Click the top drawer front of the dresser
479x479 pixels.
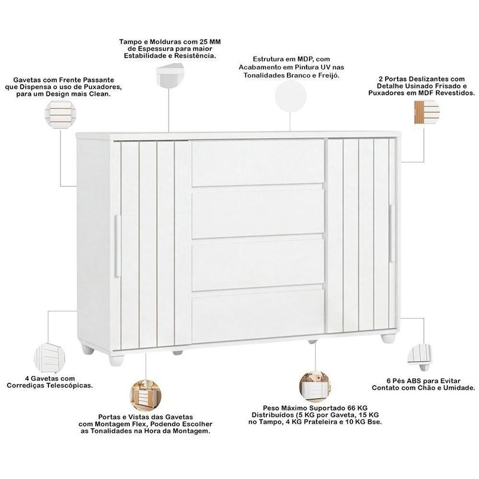[257, 163]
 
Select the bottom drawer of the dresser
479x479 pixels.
[257, 316]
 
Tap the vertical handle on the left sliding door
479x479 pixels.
[117, 246]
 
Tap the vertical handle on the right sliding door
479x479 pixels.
[391, 233]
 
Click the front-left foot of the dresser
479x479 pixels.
[116, 360]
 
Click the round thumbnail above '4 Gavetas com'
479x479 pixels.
[49, 357]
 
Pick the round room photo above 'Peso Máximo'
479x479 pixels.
[315, 386]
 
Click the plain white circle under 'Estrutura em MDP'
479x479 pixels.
[290, 96]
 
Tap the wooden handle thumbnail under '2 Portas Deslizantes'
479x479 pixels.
[426, 112]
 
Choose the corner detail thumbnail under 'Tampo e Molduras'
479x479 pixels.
[171, 76]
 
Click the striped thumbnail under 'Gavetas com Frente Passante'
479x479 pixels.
[60, 114]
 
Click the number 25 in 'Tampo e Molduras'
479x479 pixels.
[204, 41]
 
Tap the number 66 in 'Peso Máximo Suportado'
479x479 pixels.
[351, 408]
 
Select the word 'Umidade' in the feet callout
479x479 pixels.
[459, 388]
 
